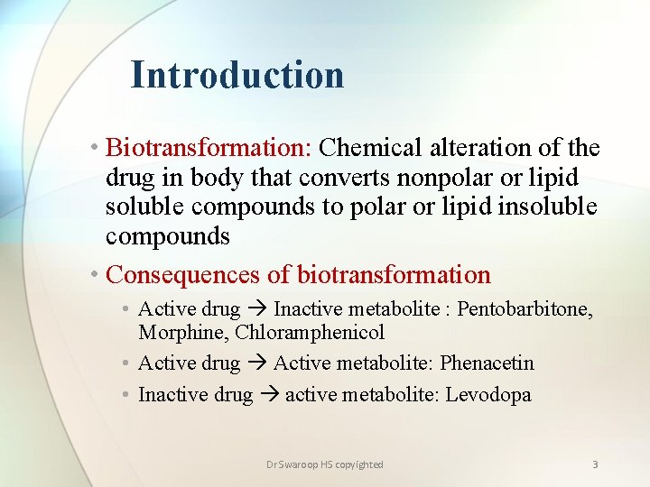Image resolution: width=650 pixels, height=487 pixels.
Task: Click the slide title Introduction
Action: point(237,75)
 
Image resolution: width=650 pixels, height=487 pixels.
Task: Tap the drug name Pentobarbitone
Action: point(525,309)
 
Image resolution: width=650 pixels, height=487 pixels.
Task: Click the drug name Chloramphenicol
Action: point(310,332)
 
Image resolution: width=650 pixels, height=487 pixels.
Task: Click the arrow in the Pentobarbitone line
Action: point(256,310)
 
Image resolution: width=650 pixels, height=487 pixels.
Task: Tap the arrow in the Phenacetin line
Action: point(256,363)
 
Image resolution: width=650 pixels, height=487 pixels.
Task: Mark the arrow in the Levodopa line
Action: point(269,395)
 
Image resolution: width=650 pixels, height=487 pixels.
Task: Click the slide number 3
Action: point(595,464)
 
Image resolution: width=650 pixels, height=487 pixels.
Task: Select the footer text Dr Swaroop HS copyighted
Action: point(325,464)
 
